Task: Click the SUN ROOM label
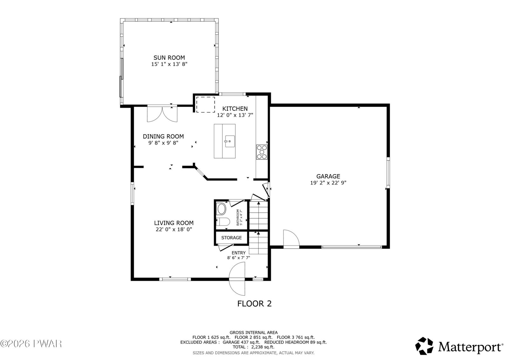point(169,58)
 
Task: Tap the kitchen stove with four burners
point(262,152)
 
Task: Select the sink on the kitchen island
point(230,141)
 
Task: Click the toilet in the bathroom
point(223,221)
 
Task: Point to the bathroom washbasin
point(221,209)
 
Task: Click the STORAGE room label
point(231,238)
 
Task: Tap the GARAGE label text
point(328,176)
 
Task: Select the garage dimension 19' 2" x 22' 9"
point(328,183)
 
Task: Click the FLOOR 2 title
point(254,304)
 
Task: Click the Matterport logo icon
point(424,346)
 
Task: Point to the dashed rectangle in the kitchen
point(206,105)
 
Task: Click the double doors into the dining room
point(162,114)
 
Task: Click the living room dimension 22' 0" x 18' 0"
point(174,229)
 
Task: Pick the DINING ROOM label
point(163,137)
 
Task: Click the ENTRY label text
point(239,253)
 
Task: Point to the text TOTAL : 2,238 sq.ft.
point(253,347)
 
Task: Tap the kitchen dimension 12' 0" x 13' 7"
point(235,115)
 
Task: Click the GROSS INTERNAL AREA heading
point(254,333)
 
